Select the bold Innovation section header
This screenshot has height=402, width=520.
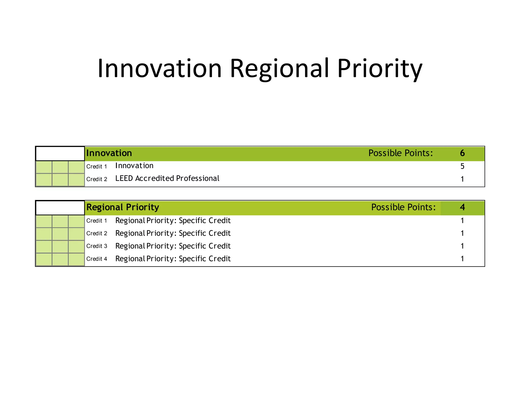pos(109,153)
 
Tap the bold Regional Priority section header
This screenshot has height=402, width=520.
pos(123,207)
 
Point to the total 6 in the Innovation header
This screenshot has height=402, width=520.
pos(462,153)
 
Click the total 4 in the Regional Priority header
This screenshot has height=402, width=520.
pos(462,207)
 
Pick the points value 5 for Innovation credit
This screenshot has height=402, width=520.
pos(462,166)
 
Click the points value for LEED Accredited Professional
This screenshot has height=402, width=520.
pos(462,179)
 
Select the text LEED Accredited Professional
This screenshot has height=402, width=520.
pos(167,178)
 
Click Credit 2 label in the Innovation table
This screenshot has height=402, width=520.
pos(97,179)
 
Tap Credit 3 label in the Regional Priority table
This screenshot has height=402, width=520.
pos(97,246)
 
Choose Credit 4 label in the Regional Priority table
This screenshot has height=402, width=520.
pos(97,259)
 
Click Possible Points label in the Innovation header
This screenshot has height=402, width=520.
pos(400,153)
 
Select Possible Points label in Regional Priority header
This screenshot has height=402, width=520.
pos(403,207)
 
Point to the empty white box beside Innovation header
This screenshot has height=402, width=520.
pos(60,153)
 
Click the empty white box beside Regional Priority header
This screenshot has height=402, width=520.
pos(60,208)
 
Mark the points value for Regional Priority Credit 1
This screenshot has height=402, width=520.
pos(462,221)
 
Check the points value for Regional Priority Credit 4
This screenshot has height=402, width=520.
pos(462,259)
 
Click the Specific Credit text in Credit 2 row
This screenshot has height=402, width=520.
pos(205,233)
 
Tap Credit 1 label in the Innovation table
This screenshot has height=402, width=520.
pos(97,166)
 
